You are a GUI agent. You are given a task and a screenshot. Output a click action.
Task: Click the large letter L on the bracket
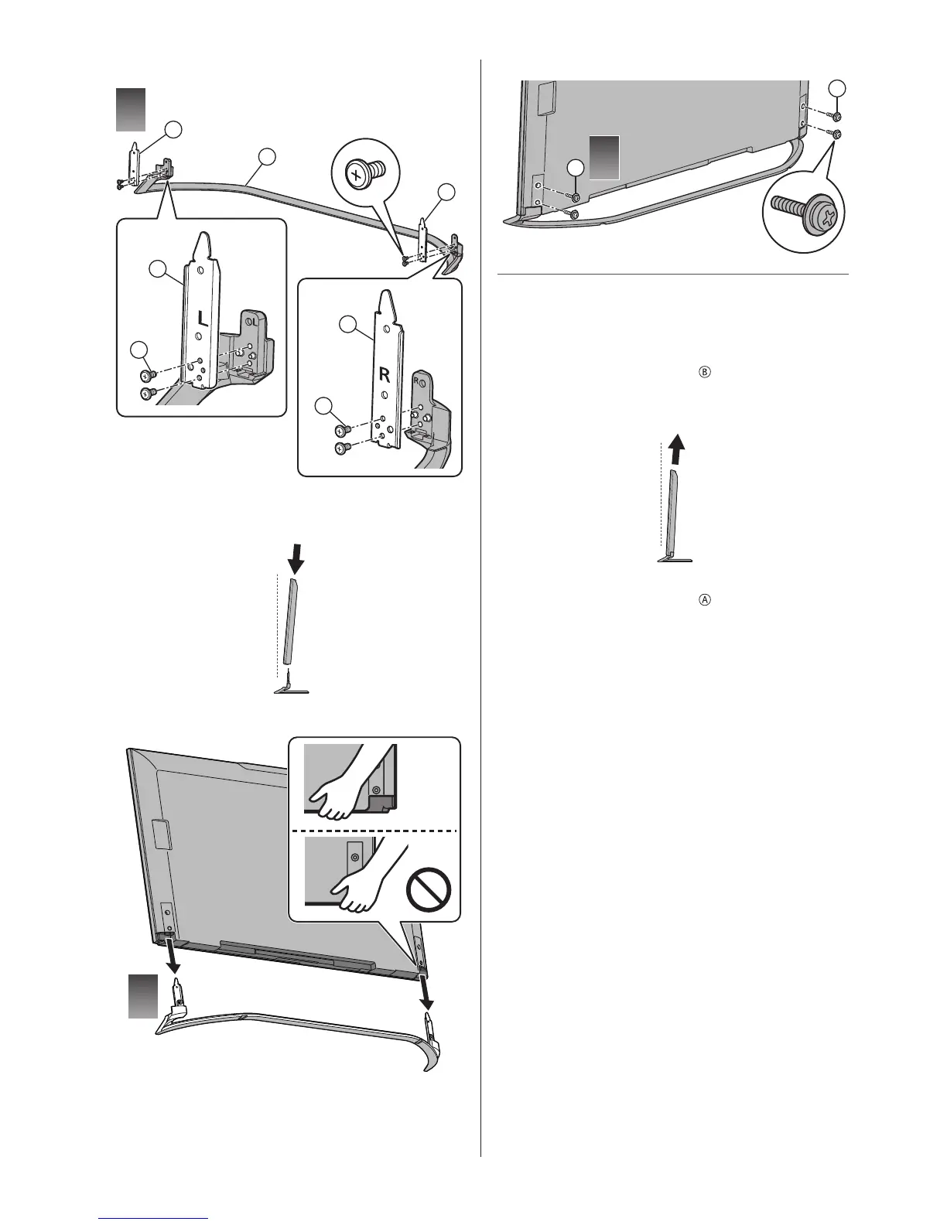(x=198, y=319)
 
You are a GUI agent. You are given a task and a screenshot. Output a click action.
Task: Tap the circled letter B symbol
(x=705, y=372)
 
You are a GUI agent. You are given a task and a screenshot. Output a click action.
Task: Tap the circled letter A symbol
(x=705, y=599)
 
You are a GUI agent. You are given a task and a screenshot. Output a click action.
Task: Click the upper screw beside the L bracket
(x=147, y=376)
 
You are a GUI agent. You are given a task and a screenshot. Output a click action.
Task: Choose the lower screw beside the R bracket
(x=340, y=448)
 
